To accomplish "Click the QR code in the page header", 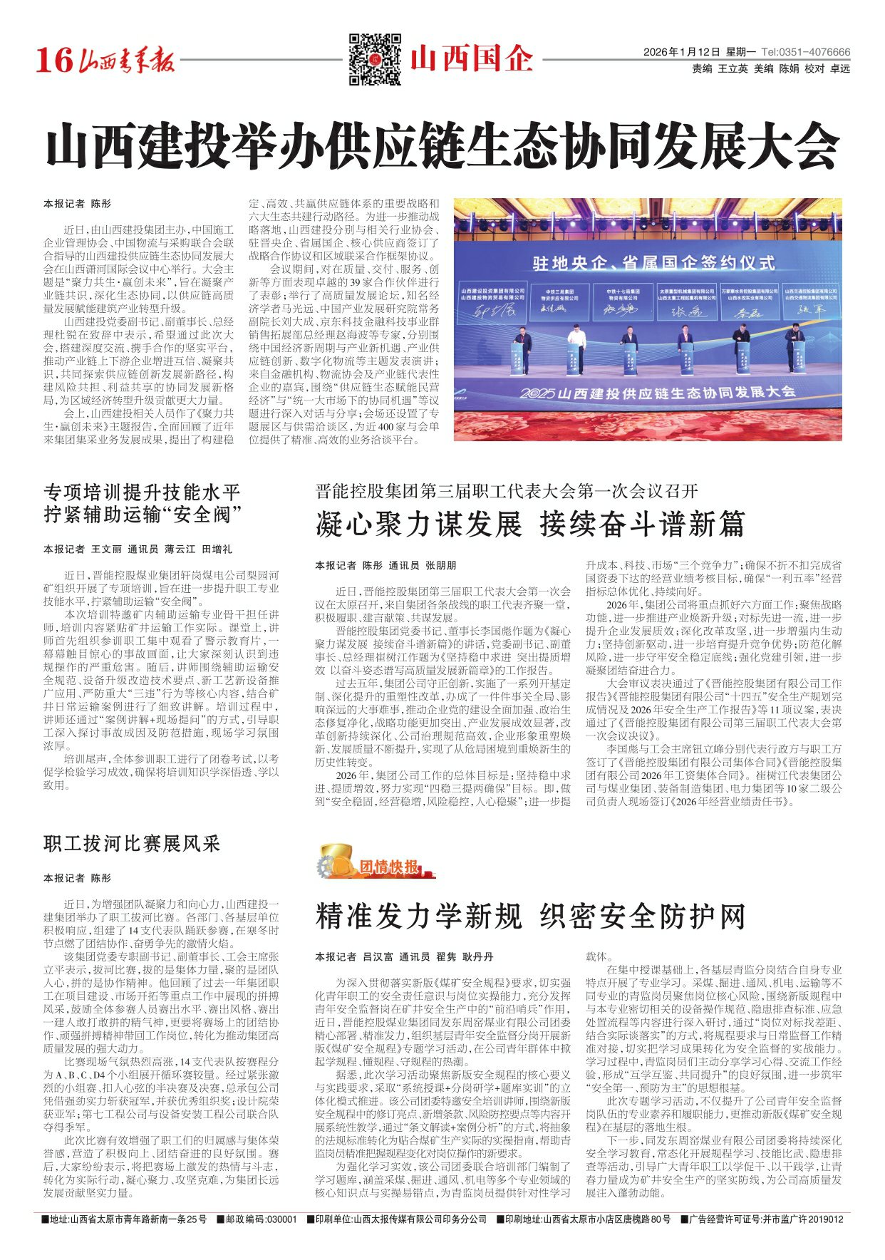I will coord(375,59).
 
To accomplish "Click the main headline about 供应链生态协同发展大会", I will coord(442,146).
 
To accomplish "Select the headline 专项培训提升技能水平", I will coord(143,492).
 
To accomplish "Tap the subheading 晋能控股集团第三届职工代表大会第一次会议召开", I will coord(507,491).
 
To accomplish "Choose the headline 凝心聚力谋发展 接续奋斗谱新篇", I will coord(530,525).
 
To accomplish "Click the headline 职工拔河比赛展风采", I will coord(133,845).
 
